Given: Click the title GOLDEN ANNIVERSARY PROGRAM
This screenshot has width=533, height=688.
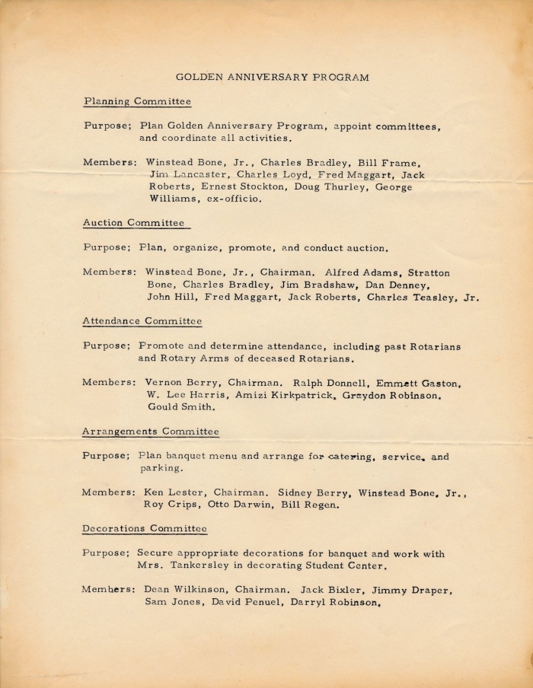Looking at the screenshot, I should (x=273, y=77).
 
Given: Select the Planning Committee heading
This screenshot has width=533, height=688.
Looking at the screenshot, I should (x=137, y=101).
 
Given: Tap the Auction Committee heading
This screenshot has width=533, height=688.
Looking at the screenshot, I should (x=134, y=223).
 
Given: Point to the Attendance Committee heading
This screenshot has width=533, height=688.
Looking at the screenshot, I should (x=142, y=321).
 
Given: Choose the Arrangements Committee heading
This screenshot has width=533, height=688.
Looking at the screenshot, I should (x=151, y=432).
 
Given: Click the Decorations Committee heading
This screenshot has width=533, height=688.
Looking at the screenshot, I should (x=145, y=528).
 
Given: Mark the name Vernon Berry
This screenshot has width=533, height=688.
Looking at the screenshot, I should (x=172, y=382).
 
